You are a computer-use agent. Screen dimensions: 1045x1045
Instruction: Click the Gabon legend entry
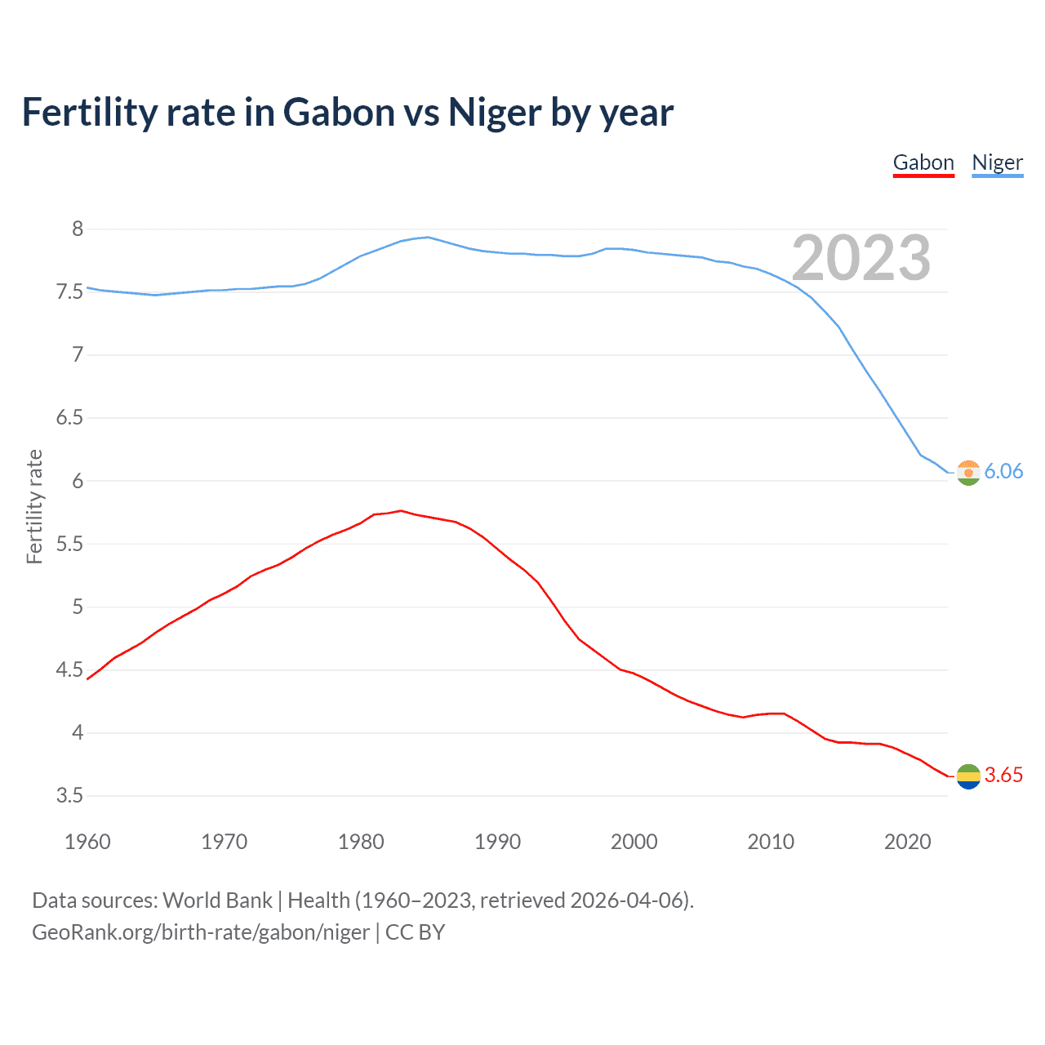(923, 162)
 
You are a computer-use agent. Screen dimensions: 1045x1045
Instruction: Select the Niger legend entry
(997, 162)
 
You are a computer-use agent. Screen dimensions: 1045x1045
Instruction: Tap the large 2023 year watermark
(860, 258)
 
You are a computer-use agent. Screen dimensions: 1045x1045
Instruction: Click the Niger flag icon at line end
(968, 473)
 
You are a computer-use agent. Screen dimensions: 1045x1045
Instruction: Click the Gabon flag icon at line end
(968, 776)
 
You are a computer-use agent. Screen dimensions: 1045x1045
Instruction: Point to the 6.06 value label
(1003, 472)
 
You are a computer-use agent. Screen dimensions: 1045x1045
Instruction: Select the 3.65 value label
(1003, 776)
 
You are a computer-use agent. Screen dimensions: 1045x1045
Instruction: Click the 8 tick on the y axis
(78, 229)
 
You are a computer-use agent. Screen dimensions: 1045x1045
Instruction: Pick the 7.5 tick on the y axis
(70, 292)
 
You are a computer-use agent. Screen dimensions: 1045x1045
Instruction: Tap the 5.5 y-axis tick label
(70, 544)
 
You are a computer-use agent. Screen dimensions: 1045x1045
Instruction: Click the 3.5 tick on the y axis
(70, 796)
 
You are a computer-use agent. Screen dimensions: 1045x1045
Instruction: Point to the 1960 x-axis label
(87, 842)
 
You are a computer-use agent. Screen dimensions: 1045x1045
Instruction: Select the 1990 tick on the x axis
(497, 842)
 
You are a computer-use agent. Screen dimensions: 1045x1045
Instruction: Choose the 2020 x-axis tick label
(907, 842)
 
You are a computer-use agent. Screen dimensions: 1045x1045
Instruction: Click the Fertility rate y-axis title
(34, 506)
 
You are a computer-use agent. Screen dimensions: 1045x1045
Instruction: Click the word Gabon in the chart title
(339, 113)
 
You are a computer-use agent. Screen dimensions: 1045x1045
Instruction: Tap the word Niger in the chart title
(495, 113)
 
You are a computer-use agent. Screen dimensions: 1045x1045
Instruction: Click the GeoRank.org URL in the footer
(201, 932)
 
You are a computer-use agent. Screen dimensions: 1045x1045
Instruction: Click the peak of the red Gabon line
(400, 510)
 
